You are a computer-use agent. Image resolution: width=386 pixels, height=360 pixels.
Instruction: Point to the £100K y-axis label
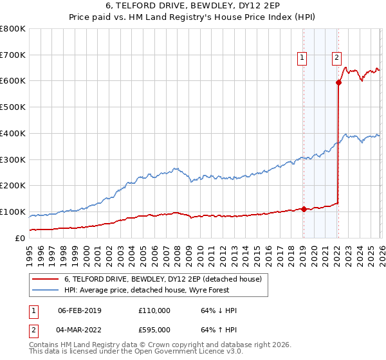click(13, 212)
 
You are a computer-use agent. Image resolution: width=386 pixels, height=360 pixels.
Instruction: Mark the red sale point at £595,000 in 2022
click(338, 82)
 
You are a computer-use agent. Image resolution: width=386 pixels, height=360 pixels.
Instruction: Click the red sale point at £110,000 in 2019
click(304, 209)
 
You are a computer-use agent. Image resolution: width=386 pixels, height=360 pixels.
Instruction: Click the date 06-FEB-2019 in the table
click(79, 310)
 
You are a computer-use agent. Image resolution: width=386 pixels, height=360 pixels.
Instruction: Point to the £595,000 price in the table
click(154, 330)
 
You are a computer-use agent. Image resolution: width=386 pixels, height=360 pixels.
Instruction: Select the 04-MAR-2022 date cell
click(79, 330)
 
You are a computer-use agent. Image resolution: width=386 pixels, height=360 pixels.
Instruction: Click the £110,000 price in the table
click(154, 310)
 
